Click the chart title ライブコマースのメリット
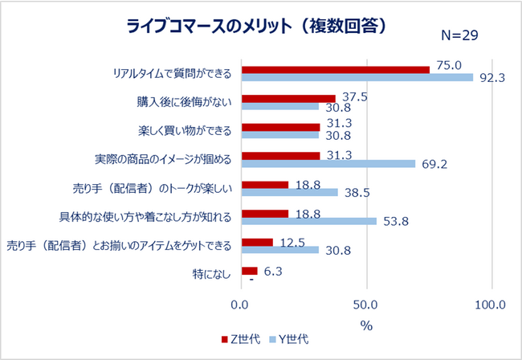258,26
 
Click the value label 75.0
449,65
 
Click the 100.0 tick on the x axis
490,305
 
